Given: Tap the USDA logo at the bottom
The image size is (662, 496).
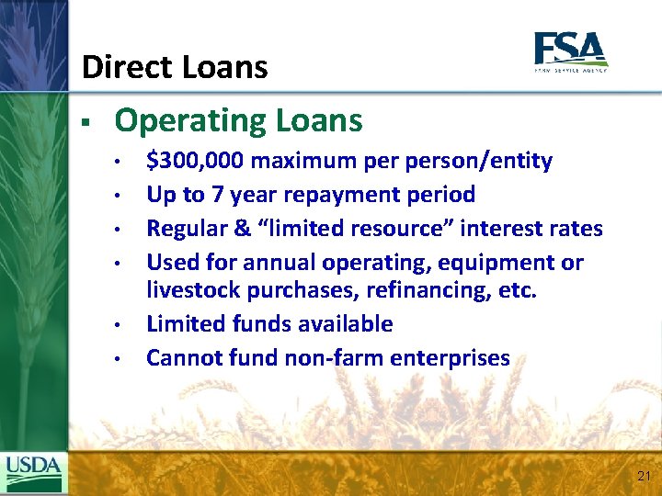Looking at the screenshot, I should tap(34, 472).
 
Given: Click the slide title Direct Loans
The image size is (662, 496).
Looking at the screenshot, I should tap(175, 67).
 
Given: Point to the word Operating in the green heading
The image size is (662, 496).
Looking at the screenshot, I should tap(189, 120).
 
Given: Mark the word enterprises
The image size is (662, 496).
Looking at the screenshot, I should tap(452, 357).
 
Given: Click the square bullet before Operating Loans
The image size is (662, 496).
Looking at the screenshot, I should tap(84, 121).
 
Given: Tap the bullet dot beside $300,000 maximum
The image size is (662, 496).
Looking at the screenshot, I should tap(119, 163).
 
